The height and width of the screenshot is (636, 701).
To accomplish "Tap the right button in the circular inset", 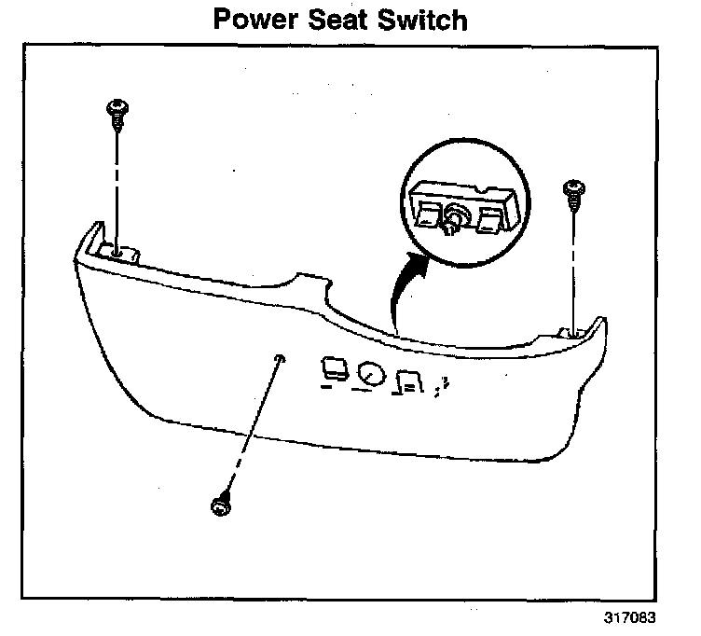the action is click(x=488, y=221).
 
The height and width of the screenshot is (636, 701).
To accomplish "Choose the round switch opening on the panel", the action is click(x=369, y=374).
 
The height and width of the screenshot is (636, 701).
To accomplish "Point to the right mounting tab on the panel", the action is click(x=570, y=331).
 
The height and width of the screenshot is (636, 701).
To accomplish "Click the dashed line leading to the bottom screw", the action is click(x=250, y=429).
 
